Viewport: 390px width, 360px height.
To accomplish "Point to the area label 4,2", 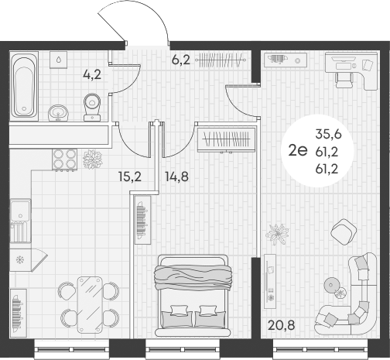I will pos(93,75).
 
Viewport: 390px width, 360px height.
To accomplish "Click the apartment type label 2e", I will pos(297,151).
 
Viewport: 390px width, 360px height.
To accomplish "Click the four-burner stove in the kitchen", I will pos(63,159).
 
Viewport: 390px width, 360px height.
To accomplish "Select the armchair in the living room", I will pos(340,230).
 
